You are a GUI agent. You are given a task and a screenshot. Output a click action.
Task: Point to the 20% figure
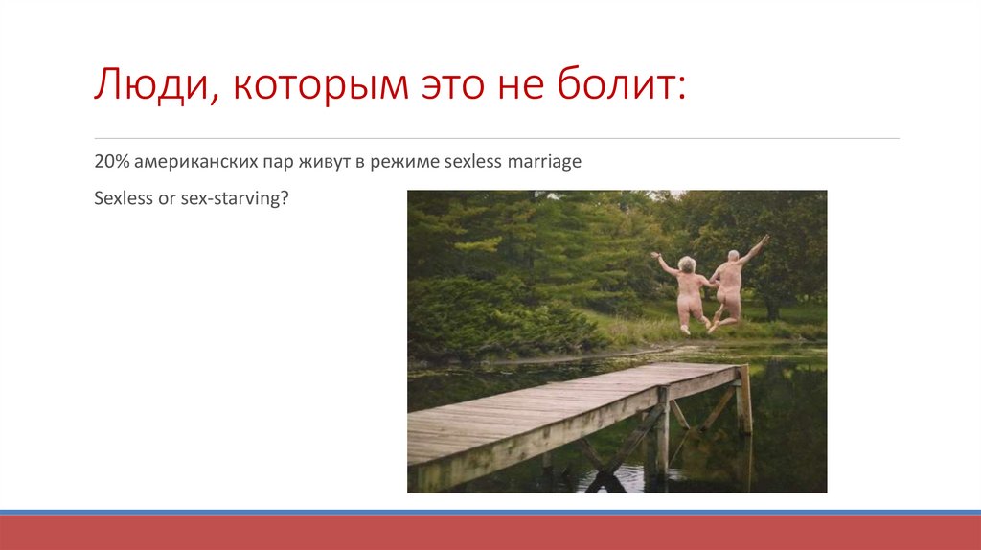coord(109,162)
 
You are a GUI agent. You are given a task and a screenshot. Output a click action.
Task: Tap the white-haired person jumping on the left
coord(687,292)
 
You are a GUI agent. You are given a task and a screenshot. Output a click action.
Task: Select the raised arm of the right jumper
coord(754,248)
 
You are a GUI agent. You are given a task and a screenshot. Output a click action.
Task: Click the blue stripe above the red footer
coord(490,512)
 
